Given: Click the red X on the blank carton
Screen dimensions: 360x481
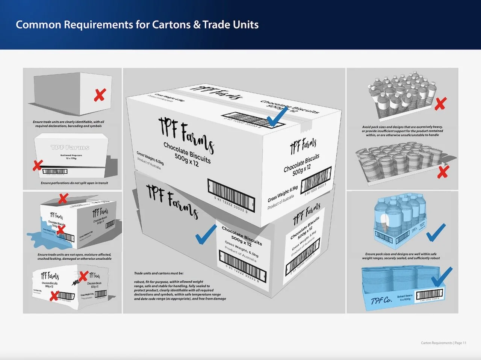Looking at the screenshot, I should (x=99, y=95).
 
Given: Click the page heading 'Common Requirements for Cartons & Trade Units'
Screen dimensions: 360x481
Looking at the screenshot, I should (x=137, y=25).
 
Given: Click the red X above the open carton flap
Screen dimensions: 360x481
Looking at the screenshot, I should (x=63, y=198).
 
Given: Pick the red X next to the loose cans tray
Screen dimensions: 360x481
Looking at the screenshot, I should (x=443, y=172).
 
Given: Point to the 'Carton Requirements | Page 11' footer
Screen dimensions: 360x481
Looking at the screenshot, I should (x=443, y=343).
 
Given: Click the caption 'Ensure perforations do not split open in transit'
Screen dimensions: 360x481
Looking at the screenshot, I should (x=74, y=183).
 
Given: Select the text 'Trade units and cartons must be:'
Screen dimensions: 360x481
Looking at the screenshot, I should (x=159, y=273).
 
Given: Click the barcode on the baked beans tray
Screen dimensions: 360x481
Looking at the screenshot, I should (x=428, y=295).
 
